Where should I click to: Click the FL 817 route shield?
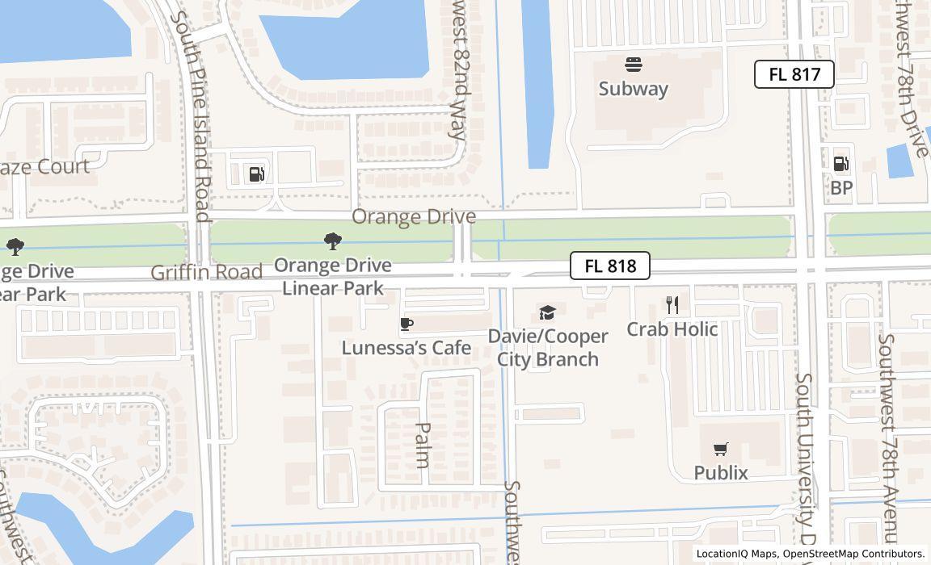[x=794, y=74]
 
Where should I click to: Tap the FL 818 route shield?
[x=609, y=266]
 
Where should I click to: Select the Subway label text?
[x=633, y=89]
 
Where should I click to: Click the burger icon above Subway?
[x=633, y=65]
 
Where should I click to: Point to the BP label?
[x=841, y=187]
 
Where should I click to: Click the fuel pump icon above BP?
[x=841, y=164]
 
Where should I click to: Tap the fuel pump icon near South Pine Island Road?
[x=256, y=174]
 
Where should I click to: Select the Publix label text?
[x=721, y=472]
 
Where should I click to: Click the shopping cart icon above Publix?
[x=721, y=449]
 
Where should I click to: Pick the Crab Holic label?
[x=672, y=329]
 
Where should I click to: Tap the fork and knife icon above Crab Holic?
[x=672, y=304]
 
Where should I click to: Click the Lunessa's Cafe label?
[x=406, y=347]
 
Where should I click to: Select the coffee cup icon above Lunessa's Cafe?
[x=407, y=324]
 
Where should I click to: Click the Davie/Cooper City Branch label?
[x=548, y=347]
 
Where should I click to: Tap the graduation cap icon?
[x=548, y=312]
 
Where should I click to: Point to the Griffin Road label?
[x=206, y=272]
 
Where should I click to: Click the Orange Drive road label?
[x=413, y=216]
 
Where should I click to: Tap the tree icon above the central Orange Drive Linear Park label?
[x=332, y=241]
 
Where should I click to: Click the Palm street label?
[x=422, y=445]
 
